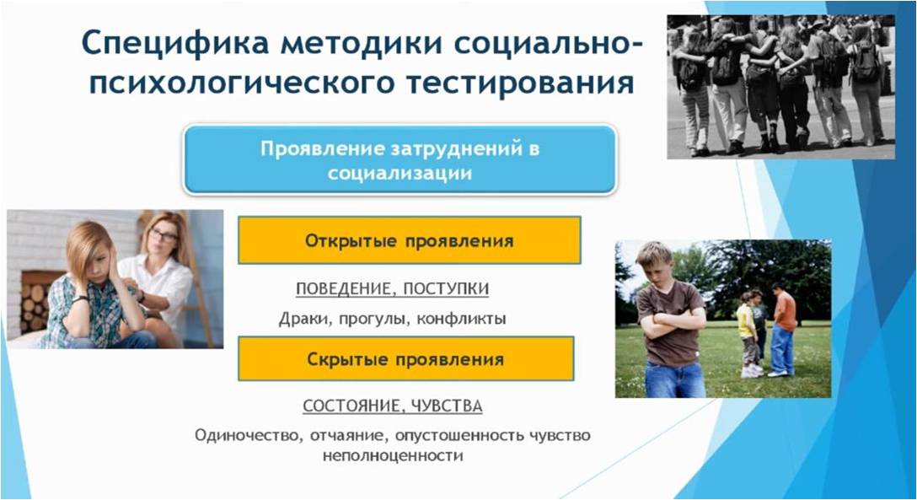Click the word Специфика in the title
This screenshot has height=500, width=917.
(x=174, y=43)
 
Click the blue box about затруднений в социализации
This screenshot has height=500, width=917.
(x=400, y=159)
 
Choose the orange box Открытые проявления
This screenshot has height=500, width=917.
(x=410, y=240)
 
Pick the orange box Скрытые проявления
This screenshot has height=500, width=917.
(x=406, y=358)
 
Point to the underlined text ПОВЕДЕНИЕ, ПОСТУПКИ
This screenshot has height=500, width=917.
(x=393, y=289)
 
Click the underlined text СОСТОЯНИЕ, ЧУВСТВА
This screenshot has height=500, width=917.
(x=393, y=406)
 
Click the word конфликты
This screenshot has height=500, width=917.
(x=461, y=320)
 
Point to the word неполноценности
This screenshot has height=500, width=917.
(x=393, y=455)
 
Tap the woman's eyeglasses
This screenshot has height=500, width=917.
(x=164, y=236)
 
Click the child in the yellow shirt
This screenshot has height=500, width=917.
(x=747, y=333)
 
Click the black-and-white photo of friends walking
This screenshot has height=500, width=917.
(x=780, y=87)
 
